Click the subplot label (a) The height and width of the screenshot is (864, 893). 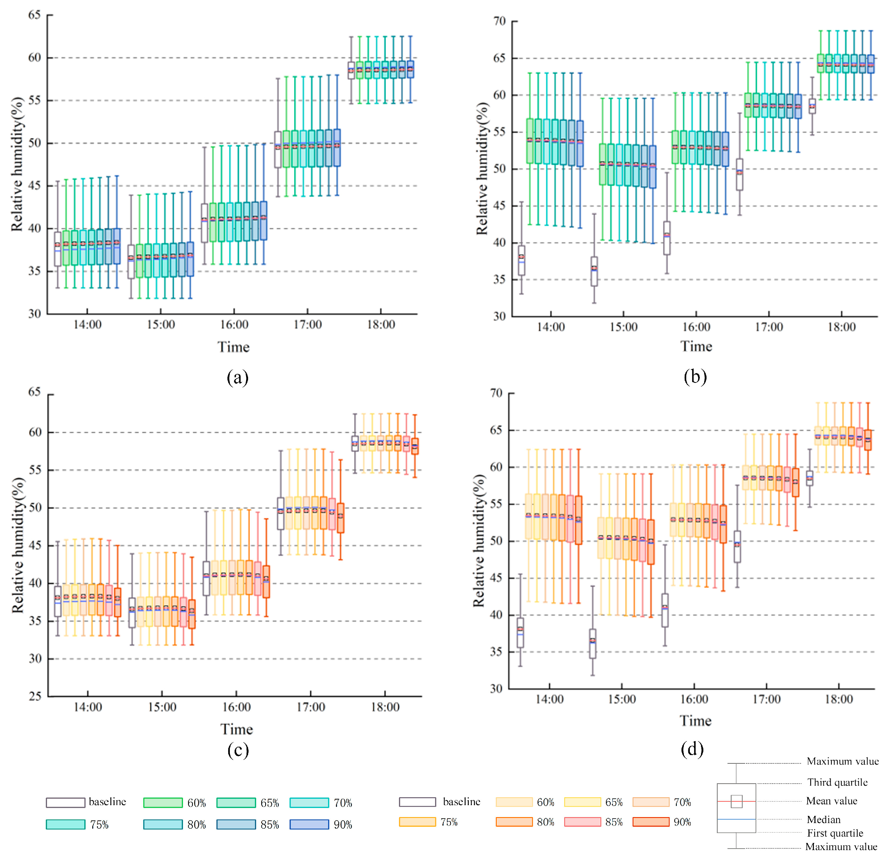237,378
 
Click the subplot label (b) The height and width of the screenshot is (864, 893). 695,377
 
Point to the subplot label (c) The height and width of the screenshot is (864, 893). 238,751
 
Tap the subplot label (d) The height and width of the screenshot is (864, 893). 692,749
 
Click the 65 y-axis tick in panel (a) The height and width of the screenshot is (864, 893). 35,15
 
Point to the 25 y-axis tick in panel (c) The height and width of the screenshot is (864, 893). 35,696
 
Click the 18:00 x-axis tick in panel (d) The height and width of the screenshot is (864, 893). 839,699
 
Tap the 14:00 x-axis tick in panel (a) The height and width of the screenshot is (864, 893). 87,325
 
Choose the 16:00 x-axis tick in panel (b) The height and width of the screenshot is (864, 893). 696,327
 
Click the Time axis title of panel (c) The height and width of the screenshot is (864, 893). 237,730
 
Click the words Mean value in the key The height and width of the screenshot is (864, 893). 831,801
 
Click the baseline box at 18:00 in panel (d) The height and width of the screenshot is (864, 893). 810,478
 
